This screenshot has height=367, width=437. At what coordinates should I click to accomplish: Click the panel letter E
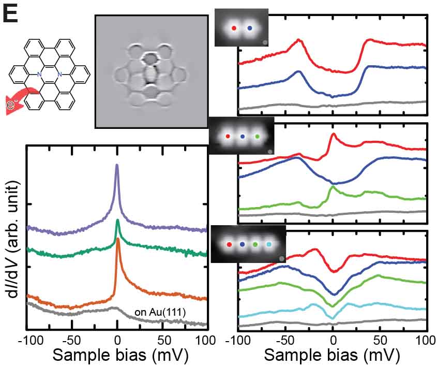coord(11,14)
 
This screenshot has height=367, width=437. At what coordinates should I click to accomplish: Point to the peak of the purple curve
coord(117,166)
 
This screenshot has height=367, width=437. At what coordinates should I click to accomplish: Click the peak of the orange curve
coord(118,239)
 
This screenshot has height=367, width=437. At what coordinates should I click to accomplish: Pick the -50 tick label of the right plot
coord(284,340)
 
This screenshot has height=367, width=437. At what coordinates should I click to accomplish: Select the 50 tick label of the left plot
coord(162,340)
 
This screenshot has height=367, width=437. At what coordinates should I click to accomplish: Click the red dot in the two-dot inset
coord(234,28)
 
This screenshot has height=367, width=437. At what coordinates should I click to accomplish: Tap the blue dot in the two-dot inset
coord(250,28)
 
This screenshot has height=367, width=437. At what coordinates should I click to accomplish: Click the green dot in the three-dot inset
coord(258,137)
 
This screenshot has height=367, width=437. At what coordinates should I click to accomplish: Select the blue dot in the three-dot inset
coord(243,137)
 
